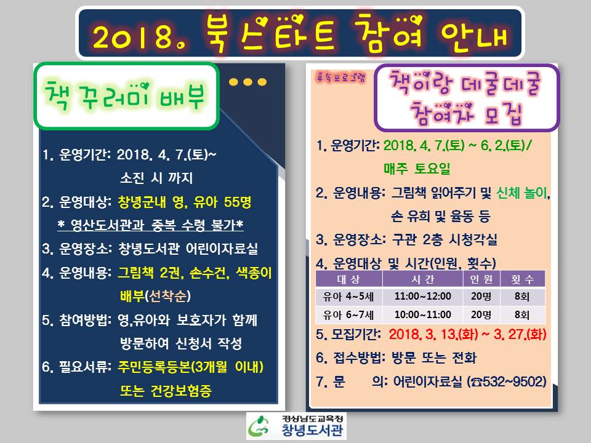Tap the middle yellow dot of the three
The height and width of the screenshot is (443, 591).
pyautogui.click(x=247, y=82)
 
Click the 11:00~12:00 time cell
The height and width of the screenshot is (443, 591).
pyautogui.click(x=422, y=297)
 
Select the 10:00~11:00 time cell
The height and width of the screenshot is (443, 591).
pyautogui.click(x=422, y=314)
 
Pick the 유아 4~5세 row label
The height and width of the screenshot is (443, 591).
pyautogui.click(x=348, y=297)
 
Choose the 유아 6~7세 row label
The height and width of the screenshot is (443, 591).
pyautogui.click(x=348, y=314)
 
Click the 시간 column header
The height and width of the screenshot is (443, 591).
pyautogui.click(x=422, y=279)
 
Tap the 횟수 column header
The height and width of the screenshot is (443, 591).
pyautogui.click(x=523, y=279)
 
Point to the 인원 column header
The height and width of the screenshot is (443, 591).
pyautogui.click(x=481, y=279)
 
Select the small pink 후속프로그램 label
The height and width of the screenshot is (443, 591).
pyautogui.click(x=340, y=78)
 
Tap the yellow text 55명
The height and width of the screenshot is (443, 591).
pyautogui.click(x=238, y=202)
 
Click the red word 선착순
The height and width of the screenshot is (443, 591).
pyautogui.click(x=167, y=296)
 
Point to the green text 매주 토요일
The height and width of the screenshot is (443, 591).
pyautogui.click(x=417, y=169)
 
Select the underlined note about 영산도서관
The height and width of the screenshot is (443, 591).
pyautogui.click(x=150, y=225)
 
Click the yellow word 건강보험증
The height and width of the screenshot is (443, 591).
pyautogui.click(x=181, y=391)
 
